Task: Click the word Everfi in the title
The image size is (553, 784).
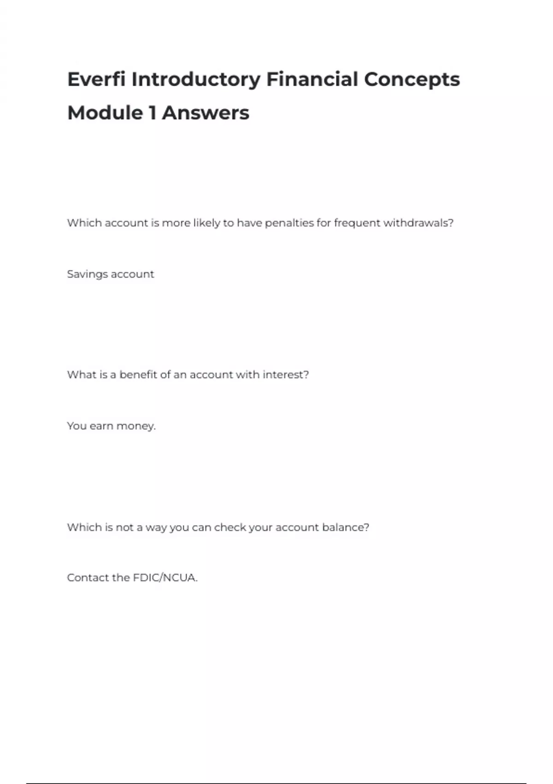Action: [x=96, y=79]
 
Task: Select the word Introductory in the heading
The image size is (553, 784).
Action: [x=196, y=79]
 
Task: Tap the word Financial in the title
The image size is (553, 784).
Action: [x=312, y=79]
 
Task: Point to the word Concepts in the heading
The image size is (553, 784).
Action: [x=412, y=79]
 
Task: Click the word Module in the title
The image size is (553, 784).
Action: [x=105, y=113]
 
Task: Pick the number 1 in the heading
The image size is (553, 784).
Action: [x=152, y=113]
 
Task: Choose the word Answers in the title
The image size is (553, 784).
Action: [x=206, y=113]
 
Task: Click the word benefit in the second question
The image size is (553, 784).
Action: [x=138, y=374]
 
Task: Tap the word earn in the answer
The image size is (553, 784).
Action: [x=101, y=426]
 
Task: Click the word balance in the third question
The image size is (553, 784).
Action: [x=345, y=527]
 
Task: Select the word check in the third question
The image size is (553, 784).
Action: [x=230, y=527]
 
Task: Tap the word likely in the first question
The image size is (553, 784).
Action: [x=206, y=223]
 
